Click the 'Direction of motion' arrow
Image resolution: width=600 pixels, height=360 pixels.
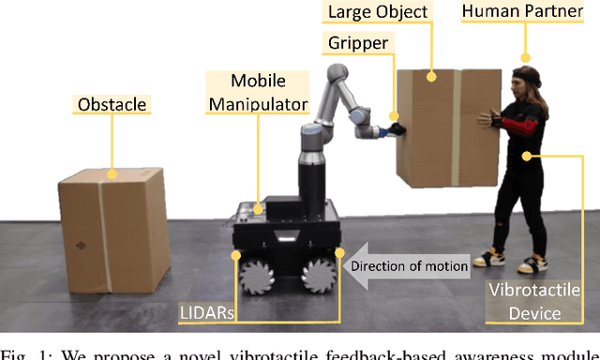[409, 266]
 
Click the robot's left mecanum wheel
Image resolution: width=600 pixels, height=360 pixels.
[258, 274]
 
